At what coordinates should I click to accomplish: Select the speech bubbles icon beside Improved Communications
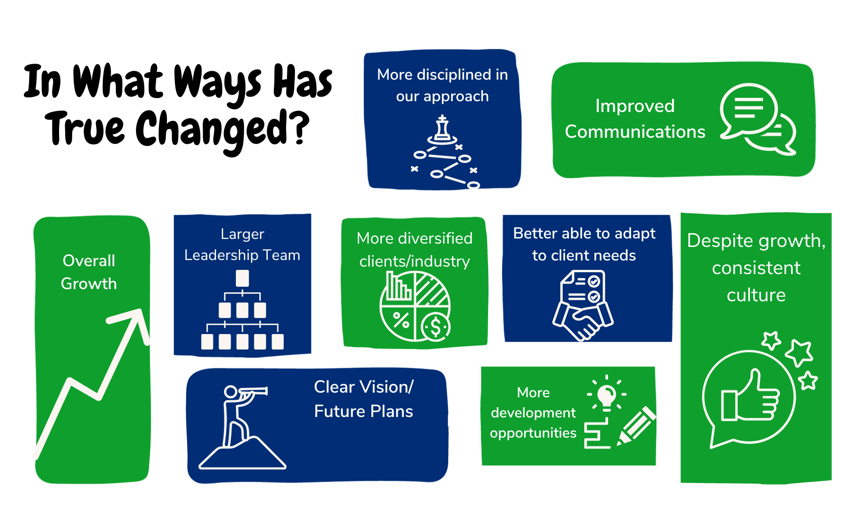(758, 119)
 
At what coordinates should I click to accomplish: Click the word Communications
(635, 132)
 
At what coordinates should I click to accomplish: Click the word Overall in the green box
(89, 260)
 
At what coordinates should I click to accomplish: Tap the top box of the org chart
(242, 278)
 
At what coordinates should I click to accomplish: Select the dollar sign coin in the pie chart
(436, 327)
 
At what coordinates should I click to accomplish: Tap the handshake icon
(583, 321)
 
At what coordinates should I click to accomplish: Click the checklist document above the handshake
(583, 288)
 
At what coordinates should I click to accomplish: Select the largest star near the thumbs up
(799, 352)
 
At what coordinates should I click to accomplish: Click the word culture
(756, 295)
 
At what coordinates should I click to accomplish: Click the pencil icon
(636, 426)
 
